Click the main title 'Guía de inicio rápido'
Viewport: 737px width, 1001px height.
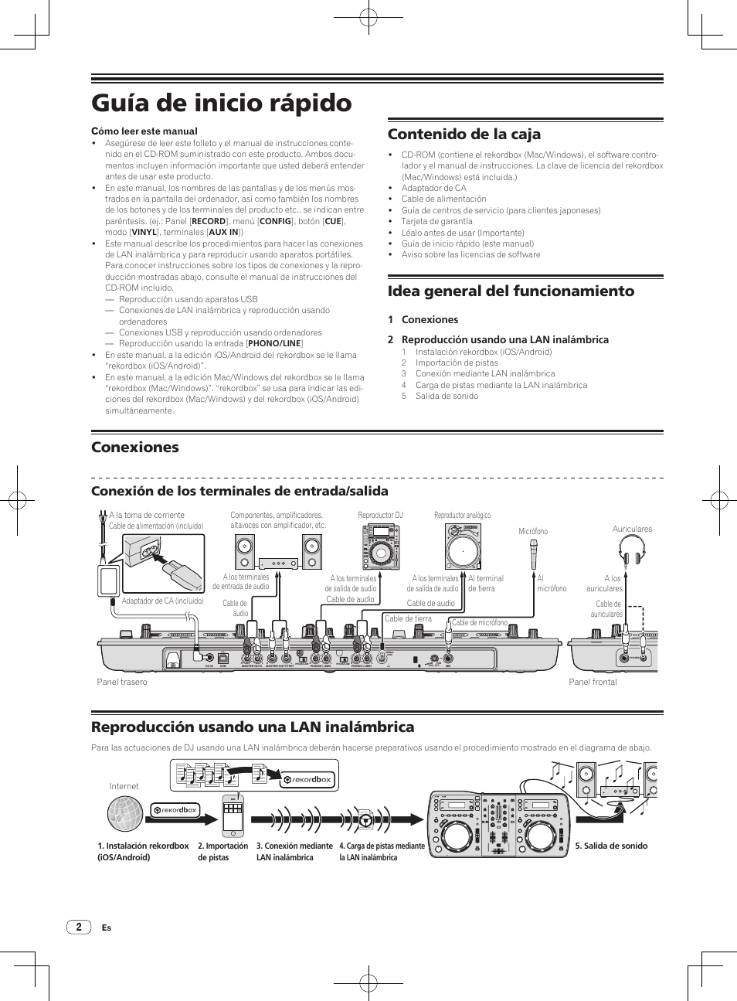pyautogui.click(x=221, y=103)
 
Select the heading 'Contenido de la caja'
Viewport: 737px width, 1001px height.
pyautogui.click(x=464, y=134)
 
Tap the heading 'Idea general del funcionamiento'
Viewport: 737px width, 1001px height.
pyautogui.click(x=511, y=291)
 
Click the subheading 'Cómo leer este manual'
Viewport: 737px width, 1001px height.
pyautogui.click(x=144, y=131)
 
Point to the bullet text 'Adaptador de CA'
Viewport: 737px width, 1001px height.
pyautogui.click(x=433, y=188)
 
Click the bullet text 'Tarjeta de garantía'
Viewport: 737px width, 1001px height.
pyautogui.click(x=436, y=221)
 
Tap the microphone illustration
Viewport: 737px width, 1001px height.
pyautogui.click(x=533, y=553)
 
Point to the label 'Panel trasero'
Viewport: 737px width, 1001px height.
pyautogui.click(x=122, y=682)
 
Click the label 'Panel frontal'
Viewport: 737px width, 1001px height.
pyautogui.click(x=593, y=682)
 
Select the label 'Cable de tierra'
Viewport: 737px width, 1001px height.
pyautogui.click(x=408, y=619)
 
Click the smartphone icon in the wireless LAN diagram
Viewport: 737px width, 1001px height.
pyautogui.click(x=233, y=815)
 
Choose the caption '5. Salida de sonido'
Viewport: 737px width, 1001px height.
pyautogui.click(x=611, y=846)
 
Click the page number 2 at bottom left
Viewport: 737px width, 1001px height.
pyautogui.click(x=78, y=927)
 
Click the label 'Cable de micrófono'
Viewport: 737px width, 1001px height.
pyautogui.click(x=480, y=622)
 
